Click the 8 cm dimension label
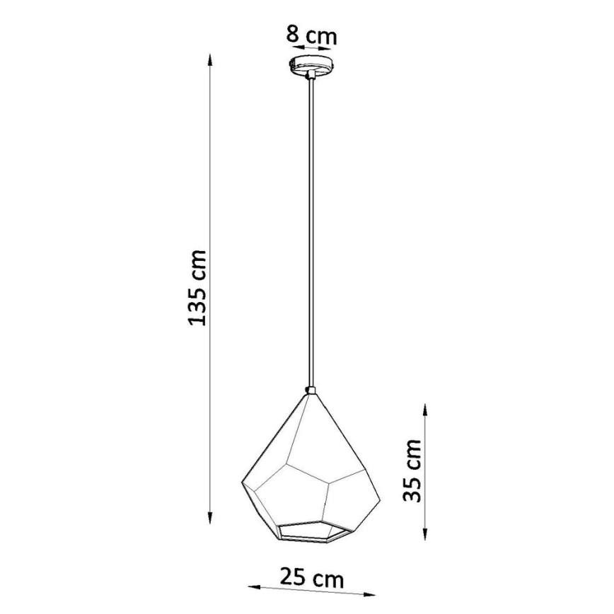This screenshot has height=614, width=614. click(x=311, y=33)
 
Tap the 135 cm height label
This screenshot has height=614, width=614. click(x=198, y=287)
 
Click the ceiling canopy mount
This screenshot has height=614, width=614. click(x=311, y=65)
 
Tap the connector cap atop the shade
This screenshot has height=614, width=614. click(x=311, y=390)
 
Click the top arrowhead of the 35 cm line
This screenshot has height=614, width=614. click(x=424, y=410)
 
